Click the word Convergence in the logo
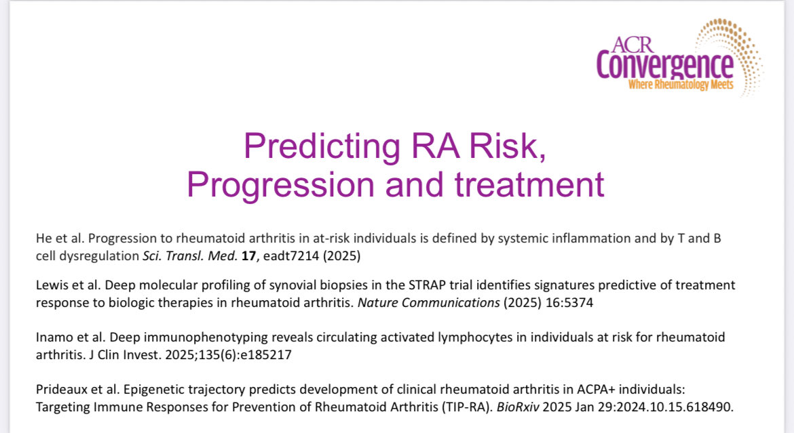click(x=664, y=66)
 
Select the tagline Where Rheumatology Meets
click(x=681, y=85)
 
